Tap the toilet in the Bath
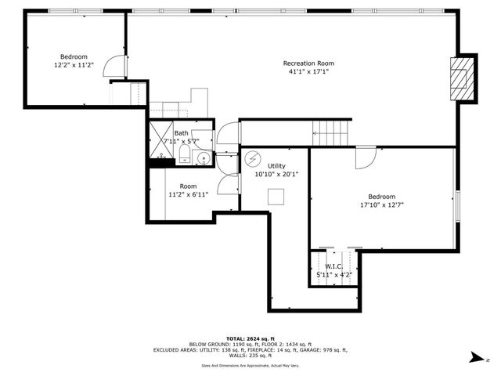(x=183, y=157)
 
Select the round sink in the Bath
(x=202, y=158)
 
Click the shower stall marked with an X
(x=160, y=137)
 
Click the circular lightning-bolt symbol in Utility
(x=252, y=158)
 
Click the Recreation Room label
(x=308, y=63)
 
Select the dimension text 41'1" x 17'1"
(x=308, y=72)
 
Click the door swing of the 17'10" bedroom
(x=365, y=157)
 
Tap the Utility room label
(x=276, y=166)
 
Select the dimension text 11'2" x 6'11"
(x=188, y=194)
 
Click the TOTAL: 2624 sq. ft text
(x=250, y=338)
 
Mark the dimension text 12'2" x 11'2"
(x=74, y=65)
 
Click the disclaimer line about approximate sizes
(x=250, y=364)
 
